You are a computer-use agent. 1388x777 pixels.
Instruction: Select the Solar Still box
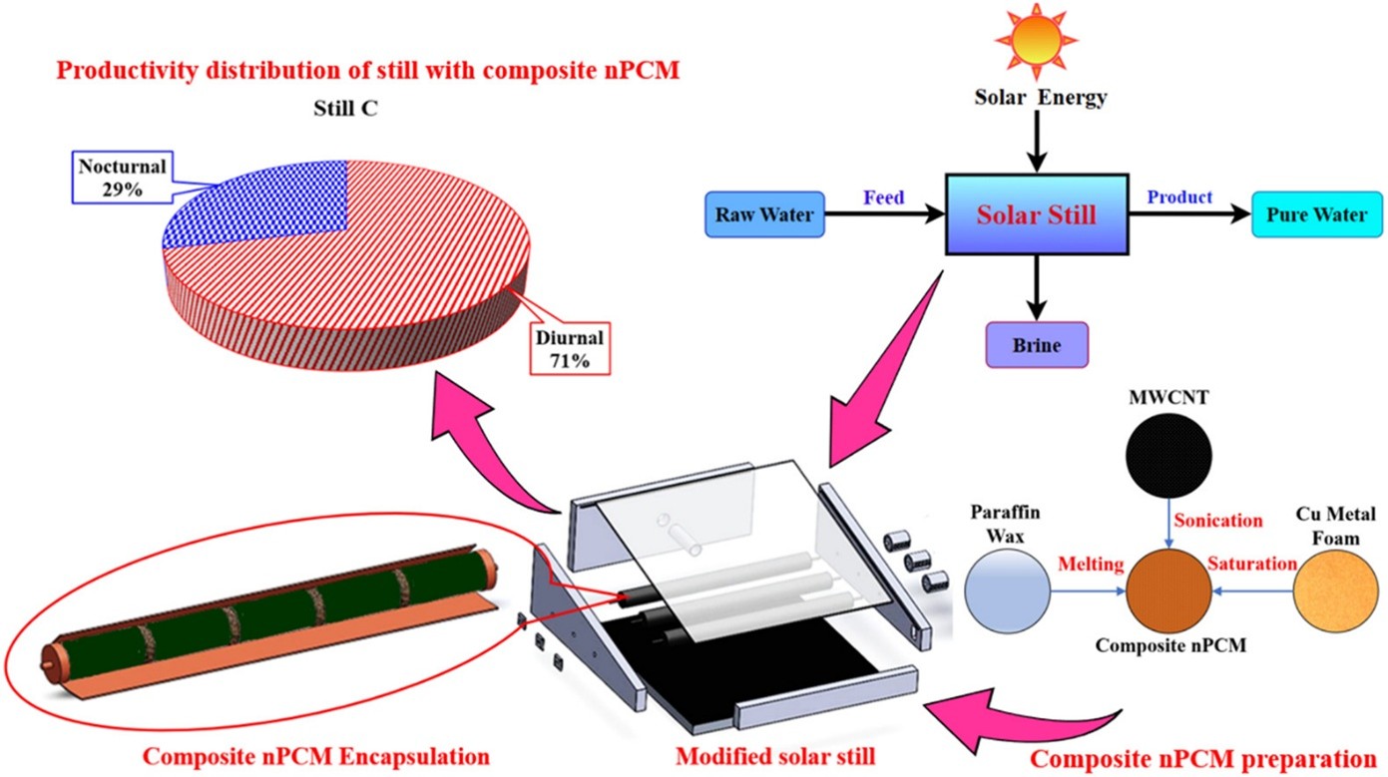pyautogui.click(x=1037, y=213)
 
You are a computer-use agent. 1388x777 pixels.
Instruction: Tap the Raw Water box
pyautogui.click(x=764, y=214)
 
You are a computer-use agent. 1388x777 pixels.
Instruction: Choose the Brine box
pyautogui.click(x=1036, y=346)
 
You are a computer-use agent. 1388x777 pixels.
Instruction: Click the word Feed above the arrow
pyautogui.click(x=884, y=197)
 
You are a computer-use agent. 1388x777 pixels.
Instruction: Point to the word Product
pyautogui.click(x=1179, y=197)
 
